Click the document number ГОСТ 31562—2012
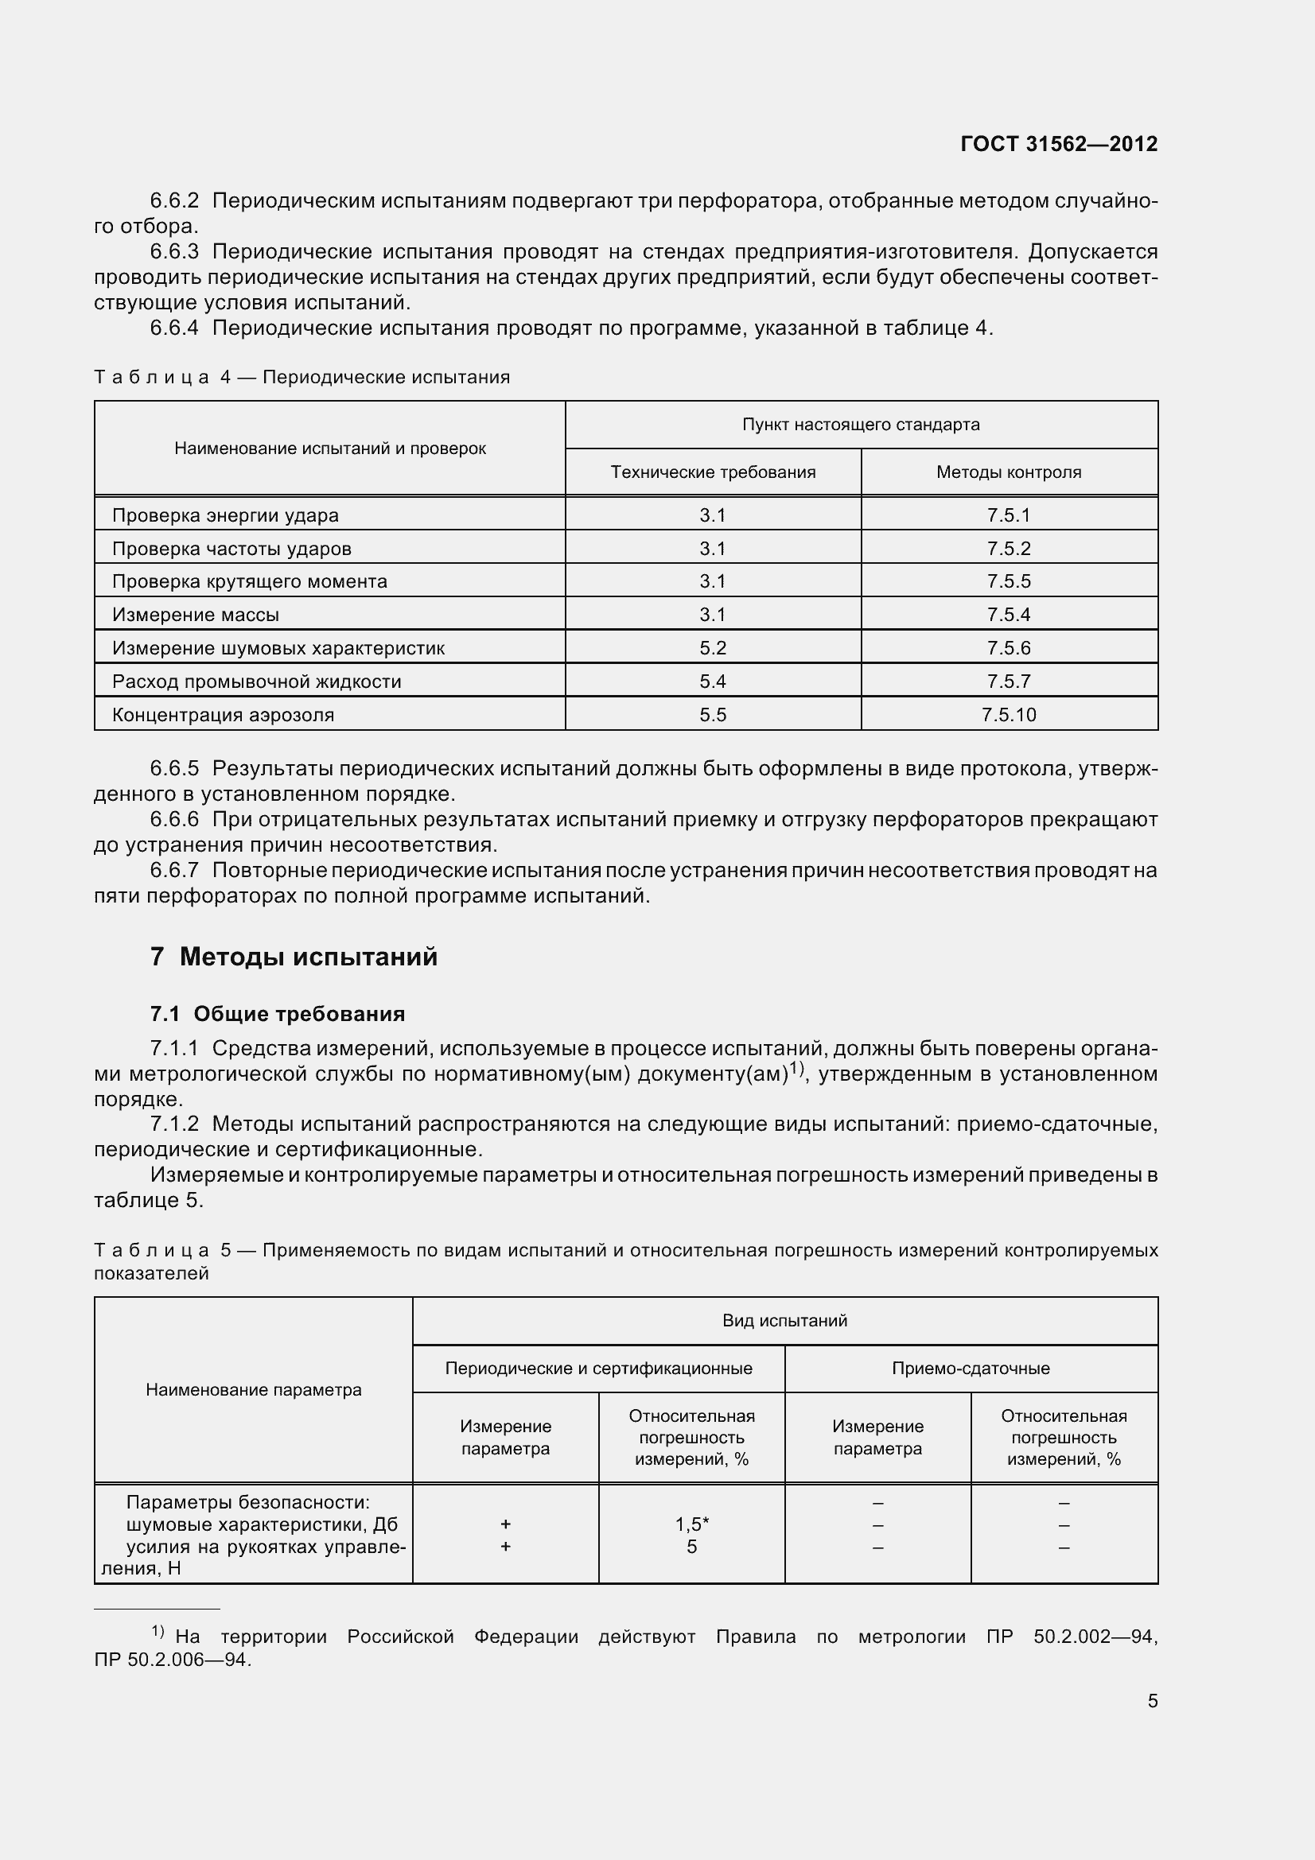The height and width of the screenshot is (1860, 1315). click(1058, 144)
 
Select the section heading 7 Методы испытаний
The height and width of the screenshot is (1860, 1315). click(294, 957)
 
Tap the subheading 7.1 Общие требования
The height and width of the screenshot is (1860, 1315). click(277, 1014)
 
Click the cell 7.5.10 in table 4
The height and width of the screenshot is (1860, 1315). click(1008, 715)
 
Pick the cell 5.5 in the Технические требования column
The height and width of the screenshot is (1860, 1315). click(712, 715)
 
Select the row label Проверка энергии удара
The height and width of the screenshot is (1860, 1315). click(225, 515)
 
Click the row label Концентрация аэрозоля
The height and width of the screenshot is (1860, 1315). click(223, 715)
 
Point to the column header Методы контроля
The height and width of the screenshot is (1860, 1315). click(1008, 472)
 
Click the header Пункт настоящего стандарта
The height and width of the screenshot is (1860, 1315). click(861, 425)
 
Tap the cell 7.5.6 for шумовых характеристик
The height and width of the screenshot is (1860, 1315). click(1008, 648)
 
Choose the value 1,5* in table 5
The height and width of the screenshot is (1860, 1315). click(691, 1524)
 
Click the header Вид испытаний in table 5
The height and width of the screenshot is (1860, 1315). click(784, 1322)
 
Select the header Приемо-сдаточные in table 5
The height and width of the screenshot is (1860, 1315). click(970, 1369)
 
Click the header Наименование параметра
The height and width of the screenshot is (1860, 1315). click(254, 1390)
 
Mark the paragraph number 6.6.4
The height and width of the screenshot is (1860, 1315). click(174, 328)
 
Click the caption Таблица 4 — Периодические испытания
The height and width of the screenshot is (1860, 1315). click(302, 378)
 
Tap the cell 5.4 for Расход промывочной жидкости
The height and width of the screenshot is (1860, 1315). click(712, 681)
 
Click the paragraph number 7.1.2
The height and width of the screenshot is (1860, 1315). click(174, 1124)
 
